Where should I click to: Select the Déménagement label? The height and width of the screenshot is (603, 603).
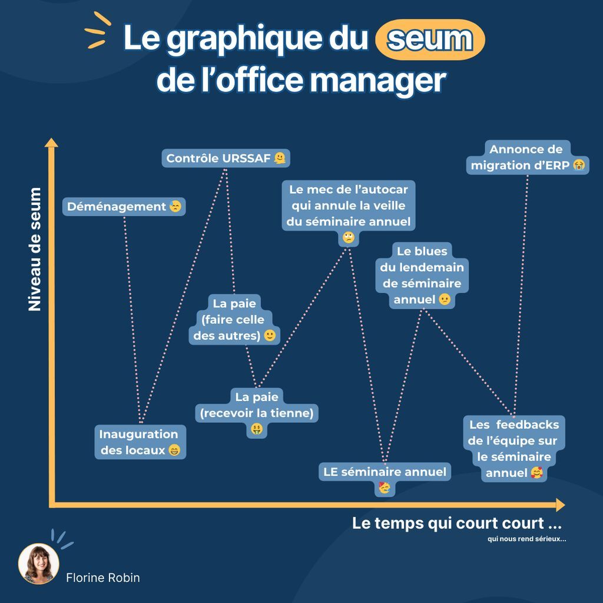click(124, 207)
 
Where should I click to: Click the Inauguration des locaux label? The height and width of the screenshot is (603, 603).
click(139, 442)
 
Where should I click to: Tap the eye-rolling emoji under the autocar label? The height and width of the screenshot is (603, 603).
click(349, 238)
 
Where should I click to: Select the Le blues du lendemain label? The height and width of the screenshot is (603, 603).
click(422, 275)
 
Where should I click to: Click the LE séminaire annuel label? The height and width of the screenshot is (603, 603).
click(385, 472)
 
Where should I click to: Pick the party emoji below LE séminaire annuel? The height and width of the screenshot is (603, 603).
click(385, 488)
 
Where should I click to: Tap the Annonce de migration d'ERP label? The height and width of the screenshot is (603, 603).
click(526, 157)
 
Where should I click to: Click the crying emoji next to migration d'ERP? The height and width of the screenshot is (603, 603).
click(579, 165)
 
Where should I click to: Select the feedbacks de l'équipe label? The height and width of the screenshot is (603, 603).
click(513, 448)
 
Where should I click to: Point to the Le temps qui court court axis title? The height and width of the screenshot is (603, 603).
click(456, 523)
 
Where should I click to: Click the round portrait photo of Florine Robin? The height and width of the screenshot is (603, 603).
click(39, 564)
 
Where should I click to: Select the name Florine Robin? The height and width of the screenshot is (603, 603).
click(103, 578)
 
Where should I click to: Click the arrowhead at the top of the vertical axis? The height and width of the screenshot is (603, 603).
click(52, 143)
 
